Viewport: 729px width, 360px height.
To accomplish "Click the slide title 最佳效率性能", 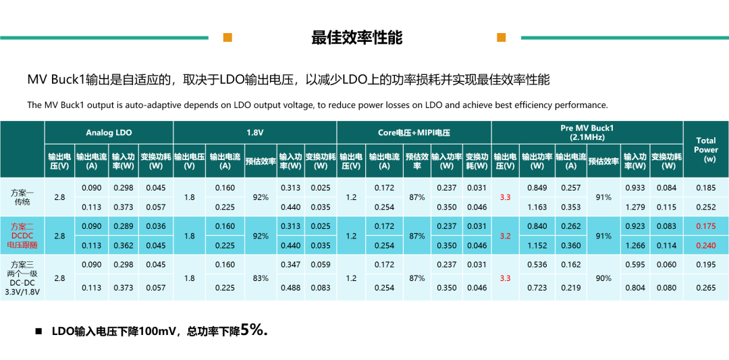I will click(356, 38).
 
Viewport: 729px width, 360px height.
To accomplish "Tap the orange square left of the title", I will click(227, 38).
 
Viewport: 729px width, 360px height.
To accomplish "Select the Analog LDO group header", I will click(109, 133).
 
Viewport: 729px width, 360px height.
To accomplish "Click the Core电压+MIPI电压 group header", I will click(414, 133).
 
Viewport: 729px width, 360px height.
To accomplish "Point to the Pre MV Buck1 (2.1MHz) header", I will click(587, 132).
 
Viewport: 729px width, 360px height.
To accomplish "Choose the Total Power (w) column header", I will click(706, 149).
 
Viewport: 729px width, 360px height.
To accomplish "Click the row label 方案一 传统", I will click(22, 198).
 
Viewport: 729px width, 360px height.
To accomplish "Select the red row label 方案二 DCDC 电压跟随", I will click(22, 236).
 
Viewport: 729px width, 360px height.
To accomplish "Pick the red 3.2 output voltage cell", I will click(506, 236).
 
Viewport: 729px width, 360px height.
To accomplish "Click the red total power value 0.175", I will click(706, 227).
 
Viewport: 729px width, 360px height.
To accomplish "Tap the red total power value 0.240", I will click(706, 246).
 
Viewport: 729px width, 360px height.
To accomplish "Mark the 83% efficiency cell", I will click(261, 278).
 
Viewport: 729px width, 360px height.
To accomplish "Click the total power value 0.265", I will click(706, 288).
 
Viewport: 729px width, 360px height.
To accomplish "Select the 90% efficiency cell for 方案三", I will click(603, 278).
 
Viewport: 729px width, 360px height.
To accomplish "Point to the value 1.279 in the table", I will click(635, 207).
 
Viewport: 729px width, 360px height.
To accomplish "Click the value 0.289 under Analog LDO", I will click(123, 227).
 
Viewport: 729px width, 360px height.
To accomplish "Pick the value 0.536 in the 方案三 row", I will click(537, 265).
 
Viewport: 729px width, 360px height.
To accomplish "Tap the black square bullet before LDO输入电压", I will click(38, 332).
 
